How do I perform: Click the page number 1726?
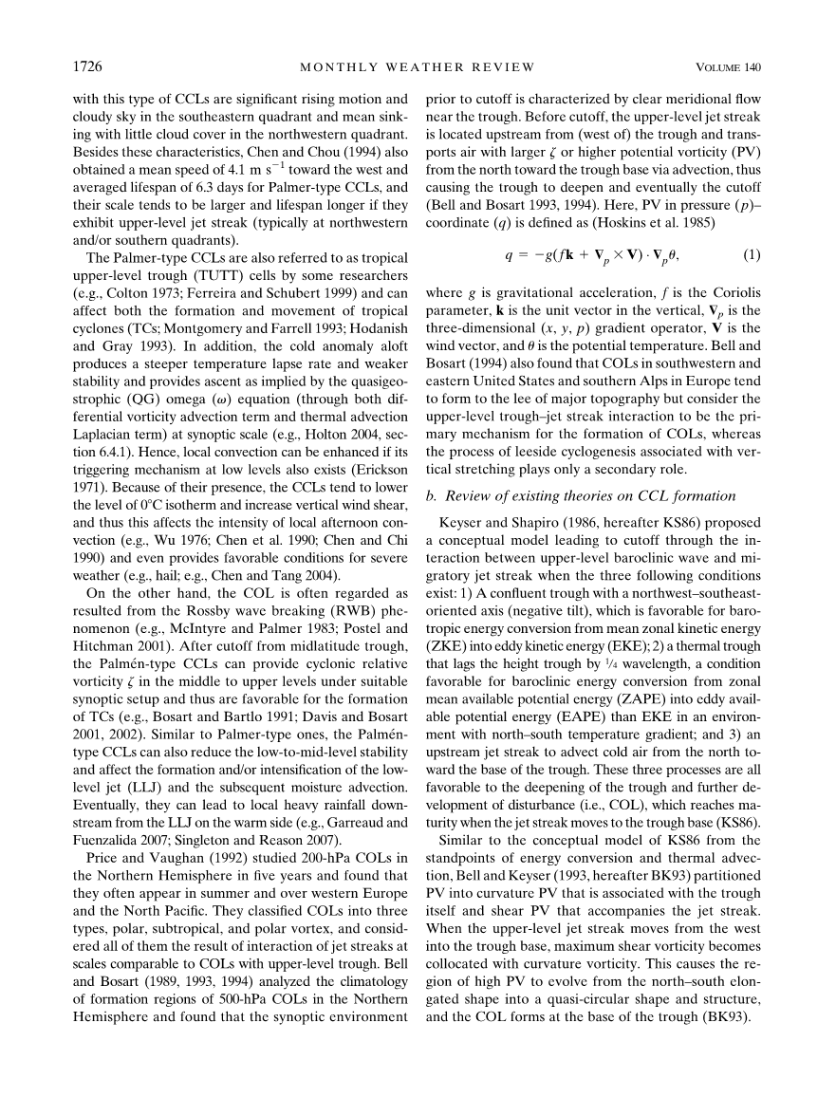point(87,66)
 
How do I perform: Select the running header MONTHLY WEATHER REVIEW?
point(418,66)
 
